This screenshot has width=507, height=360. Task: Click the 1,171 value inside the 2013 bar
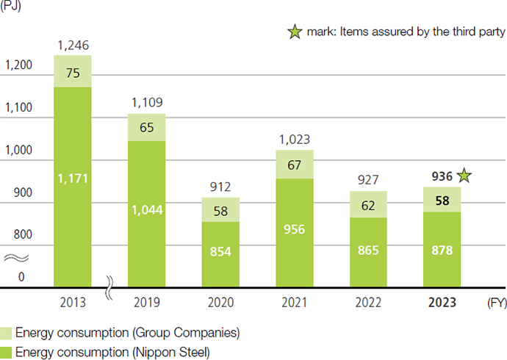72,179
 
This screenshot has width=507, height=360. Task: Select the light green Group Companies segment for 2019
146,127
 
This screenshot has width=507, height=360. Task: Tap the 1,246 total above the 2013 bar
72,46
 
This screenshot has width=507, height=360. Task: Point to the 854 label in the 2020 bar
220,251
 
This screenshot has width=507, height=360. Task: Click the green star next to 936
463,176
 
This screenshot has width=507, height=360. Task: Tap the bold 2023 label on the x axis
442,303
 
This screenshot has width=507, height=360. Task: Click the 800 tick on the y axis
23,235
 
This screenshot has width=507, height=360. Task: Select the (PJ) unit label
12,7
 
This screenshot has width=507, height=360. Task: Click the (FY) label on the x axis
495,302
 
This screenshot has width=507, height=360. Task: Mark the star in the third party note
295,32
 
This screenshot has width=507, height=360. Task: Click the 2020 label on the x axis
220,303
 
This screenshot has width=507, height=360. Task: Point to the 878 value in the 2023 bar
442,250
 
